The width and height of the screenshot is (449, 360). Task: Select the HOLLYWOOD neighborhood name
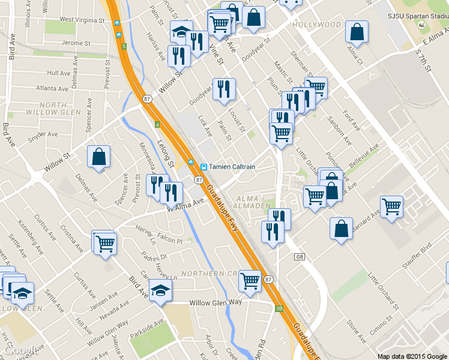[x=317, y=25]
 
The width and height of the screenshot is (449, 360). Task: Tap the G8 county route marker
[x=300, y=257]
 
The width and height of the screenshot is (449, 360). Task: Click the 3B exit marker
[x=279, y=308]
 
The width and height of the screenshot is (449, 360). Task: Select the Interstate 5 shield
[x=123, y=46]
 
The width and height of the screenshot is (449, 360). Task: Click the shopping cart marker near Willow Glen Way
[x=250, y=280]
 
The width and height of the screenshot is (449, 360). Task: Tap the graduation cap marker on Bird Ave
[x=160, y=290]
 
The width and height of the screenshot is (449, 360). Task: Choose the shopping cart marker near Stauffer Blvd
[x=392, y=207]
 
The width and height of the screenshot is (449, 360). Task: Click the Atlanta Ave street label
[x=52, y=88]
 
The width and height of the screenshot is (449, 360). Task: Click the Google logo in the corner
[x=22, y=350]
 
